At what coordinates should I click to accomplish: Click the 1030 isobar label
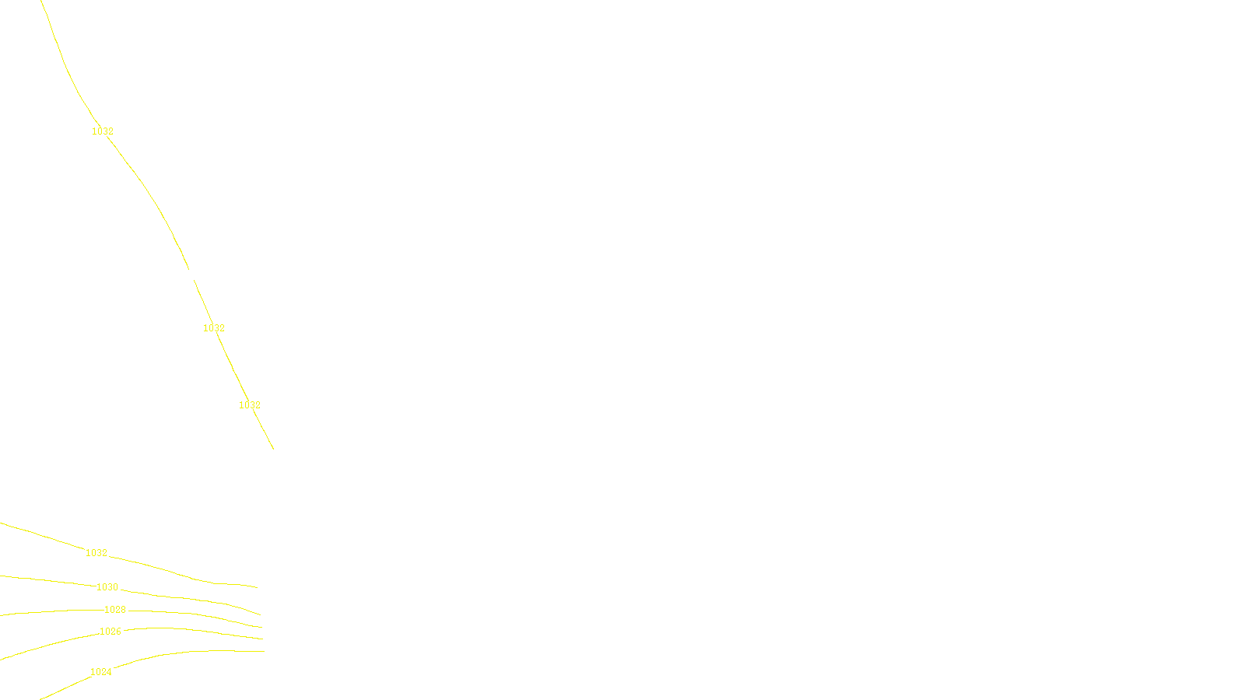[107, 587]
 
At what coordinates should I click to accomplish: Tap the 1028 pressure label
[115, 610]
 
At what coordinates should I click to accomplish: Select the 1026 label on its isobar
[110, 632]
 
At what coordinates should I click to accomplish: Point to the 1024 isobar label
[101, 672]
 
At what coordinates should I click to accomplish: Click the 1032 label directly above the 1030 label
[96, 553]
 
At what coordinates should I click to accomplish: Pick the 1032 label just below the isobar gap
[214, 328]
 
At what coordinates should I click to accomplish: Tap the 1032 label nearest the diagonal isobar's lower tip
[250, 405]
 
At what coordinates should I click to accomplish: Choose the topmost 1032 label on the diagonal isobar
[103, 131]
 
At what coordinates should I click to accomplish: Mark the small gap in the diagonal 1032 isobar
[191, 275]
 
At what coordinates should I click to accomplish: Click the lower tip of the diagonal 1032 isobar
[273, 449]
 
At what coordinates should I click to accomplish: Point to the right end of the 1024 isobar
[264, 652]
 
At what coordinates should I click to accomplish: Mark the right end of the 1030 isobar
[260, 614]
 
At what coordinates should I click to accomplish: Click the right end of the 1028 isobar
[261, 627]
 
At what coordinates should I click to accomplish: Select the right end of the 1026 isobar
[262, 639]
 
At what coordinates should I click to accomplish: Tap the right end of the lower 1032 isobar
[257, 587]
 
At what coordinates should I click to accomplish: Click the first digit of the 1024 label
[93, 672]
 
